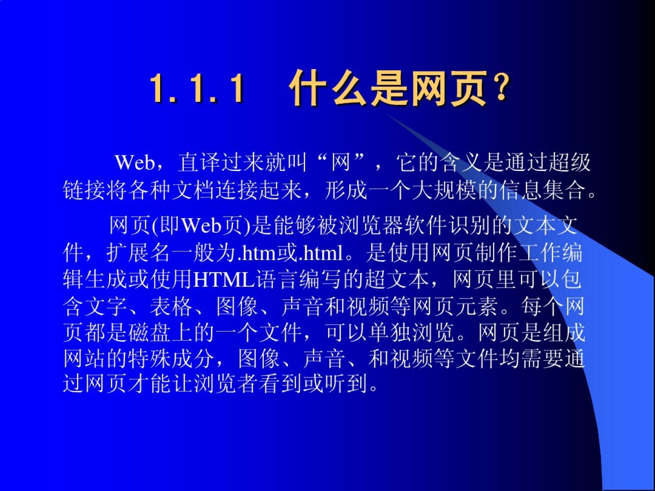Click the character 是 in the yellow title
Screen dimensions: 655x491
(x=388, y=88)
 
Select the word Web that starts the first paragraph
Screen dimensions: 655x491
(x=135, y=163)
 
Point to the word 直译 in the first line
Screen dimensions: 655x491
(x=199, y=163)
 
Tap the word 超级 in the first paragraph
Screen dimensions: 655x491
(x=569, y=163)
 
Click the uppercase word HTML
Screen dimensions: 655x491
(x=224, y=280)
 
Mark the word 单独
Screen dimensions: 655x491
(x=390, y=332)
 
